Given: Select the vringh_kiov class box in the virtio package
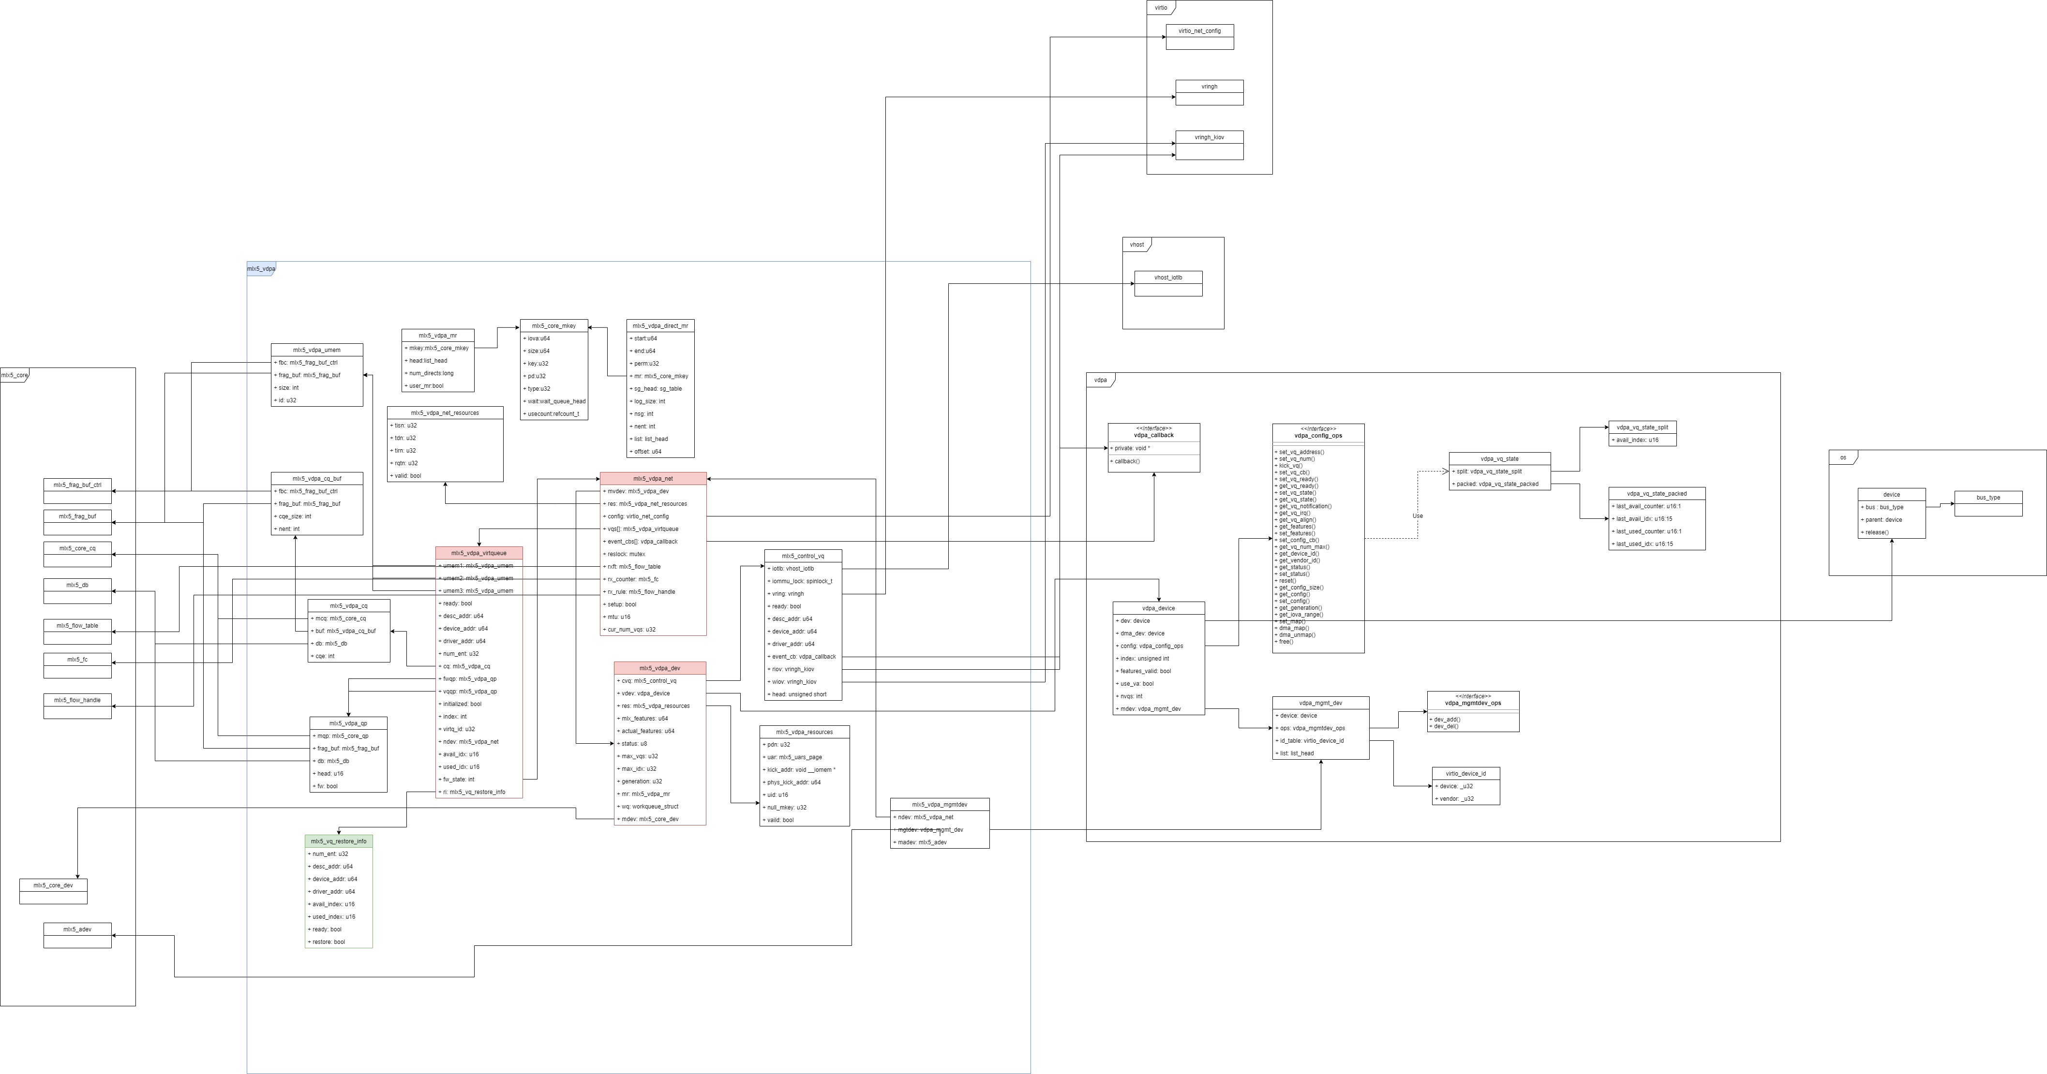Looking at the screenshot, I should (1209, 137).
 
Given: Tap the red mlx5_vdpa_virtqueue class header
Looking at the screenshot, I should (478, 553).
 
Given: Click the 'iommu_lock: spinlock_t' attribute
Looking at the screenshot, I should (801, 581).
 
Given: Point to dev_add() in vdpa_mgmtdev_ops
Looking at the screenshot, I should (1446, 720).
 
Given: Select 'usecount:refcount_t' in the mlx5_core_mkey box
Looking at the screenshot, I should (553, 414).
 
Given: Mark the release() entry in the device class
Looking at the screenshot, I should (1876, 532).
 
